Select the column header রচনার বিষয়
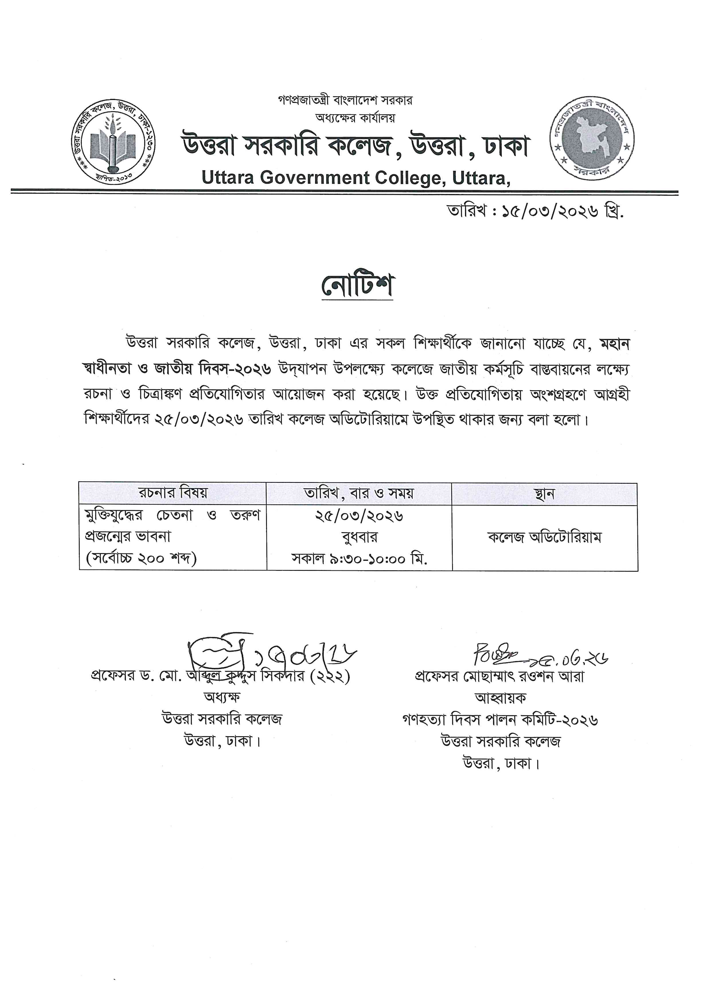click(173, 493)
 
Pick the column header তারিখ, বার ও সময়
click(359, 493)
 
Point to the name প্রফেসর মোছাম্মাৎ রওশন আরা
click(499, 677)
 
